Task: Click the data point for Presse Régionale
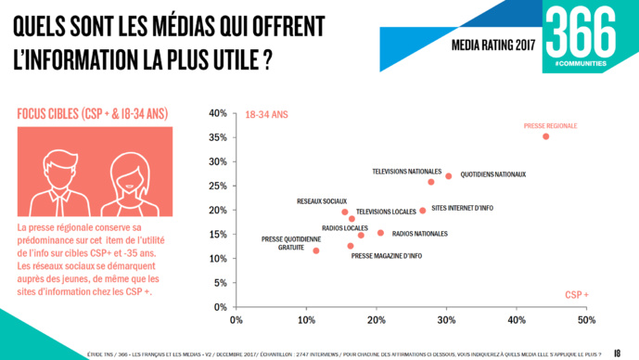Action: pos(545,136)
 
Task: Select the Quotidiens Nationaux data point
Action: pos(448,176)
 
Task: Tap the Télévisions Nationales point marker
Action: pos(431,182)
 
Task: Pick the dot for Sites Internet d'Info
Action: pos(422,211)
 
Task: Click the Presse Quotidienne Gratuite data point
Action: pos(316,251)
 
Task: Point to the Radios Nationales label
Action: pos(419,234)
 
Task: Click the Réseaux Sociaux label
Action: pos(322,201)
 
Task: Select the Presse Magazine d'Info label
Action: pos(387,255)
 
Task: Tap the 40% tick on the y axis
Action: pos(217,113)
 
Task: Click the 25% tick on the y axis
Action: pos(217,186)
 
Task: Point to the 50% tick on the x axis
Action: pos(586,320)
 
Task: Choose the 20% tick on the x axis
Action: pos(377,320)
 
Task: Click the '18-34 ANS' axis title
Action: pos(266,115)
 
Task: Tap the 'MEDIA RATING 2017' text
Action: pos(494,45)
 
